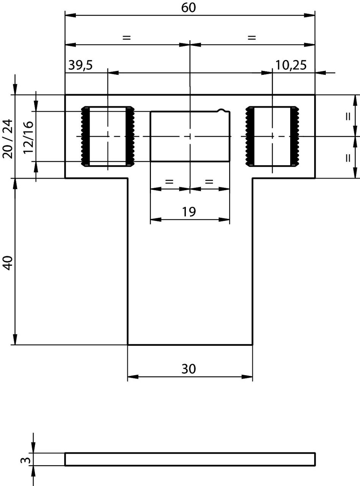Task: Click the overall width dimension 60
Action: point(189,8)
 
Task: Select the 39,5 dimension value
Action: point(80,65)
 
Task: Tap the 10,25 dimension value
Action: point(291,65)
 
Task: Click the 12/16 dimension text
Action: point(28,137)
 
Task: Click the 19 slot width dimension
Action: point(189,211)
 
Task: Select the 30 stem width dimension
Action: point(189,369)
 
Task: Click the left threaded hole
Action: point(108,137)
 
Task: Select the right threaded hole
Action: point(272,137)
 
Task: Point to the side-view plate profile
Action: point(190,459)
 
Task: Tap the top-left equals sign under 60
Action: point(126,38)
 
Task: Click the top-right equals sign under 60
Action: point(252,38)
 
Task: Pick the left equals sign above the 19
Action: point(169,181)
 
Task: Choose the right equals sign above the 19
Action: point(209,181)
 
